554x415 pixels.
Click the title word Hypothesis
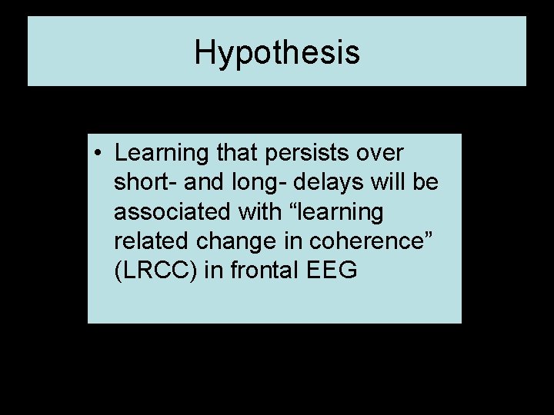click(276, 53)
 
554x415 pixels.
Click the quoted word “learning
click(339, 212)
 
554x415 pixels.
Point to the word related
click(150, 241)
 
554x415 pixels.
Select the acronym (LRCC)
click(156, 271)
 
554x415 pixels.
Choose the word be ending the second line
click(427, 183)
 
